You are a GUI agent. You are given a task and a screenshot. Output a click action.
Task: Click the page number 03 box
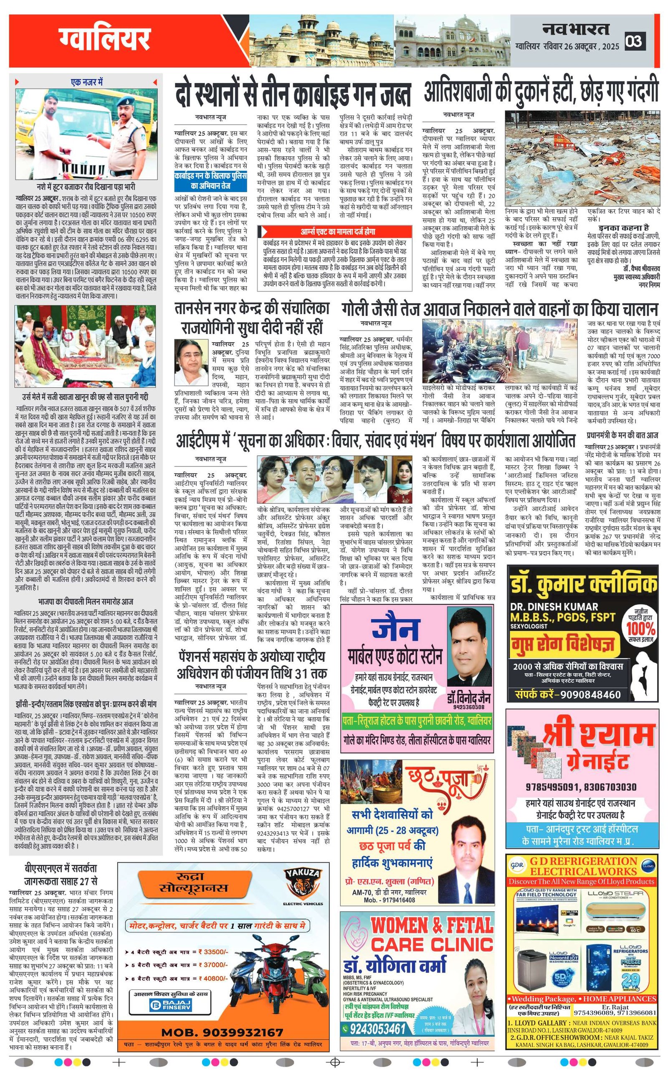point(635,42)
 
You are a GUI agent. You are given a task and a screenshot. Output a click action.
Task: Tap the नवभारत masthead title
point(576,29)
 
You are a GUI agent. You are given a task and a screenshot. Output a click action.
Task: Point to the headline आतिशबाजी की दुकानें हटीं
point(541,92)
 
